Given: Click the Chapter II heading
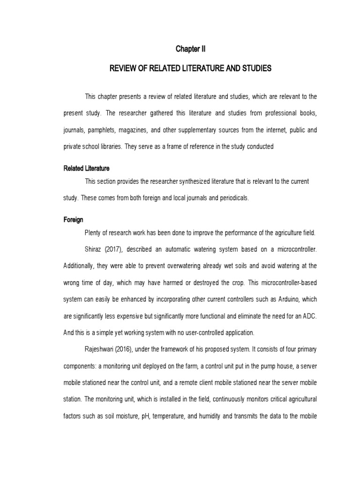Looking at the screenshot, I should tap(190, 49).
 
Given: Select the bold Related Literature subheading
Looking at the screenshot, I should tap(86, 168).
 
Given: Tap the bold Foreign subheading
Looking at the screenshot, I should tap(73, 220).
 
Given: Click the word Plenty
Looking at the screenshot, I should tap(93, 232).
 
